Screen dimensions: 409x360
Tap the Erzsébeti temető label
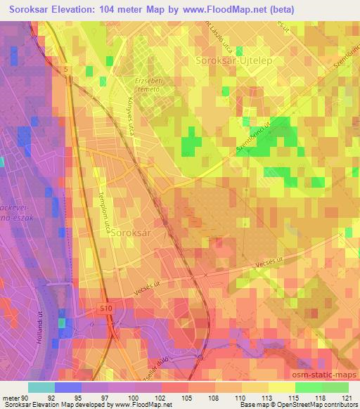coord(148,86)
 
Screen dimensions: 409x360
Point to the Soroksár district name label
coord(132,237)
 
